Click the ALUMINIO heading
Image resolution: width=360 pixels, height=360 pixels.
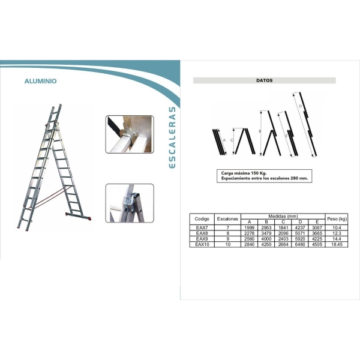point(40,81)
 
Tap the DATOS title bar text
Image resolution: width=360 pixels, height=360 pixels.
point(264,80)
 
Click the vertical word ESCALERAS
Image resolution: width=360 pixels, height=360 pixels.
point(172,137)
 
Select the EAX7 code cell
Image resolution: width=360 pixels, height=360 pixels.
point(202,227)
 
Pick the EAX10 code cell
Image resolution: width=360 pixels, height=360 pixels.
point(202,244)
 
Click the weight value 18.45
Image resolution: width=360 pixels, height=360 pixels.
point(337,244)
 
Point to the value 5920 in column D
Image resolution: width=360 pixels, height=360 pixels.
point(300,239)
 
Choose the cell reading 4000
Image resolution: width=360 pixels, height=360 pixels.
point(266,239)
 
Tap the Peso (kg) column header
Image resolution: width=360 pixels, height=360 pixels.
point(337,219)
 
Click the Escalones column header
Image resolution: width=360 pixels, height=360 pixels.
point(227,219)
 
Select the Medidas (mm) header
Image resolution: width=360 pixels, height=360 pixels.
point(283,216)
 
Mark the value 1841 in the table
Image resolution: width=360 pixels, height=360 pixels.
point(283,227)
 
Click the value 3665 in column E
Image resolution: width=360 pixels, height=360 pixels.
point(317,233)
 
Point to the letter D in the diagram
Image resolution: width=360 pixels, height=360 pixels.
point(301,106)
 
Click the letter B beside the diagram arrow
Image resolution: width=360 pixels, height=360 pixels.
point(260,131)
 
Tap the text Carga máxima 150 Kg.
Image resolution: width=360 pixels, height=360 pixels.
point(244,173)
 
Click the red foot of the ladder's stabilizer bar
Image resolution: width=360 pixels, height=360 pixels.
point(90,218)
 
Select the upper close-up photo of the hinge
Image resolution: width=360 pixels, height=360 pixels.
point(130,134)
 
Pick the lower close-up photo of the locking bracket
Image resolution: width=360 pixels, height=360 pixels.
point(130,203)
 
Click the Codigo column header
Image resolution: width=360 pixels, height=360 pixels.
point(202,219)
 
